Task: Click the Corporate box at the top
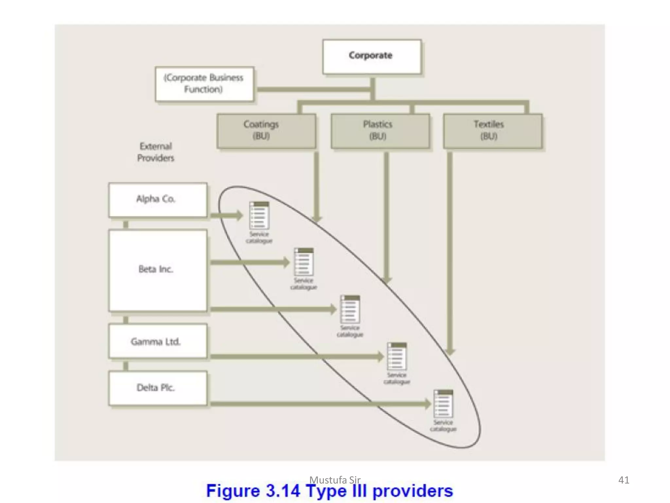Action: pos(372,56)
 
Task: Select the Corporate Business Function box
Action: pos(204,84)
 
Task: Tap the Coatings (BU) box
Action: pos(266,131)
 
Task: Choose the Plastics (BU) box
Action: pos(380,131)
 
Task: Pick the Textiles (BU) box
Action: pos(492,131)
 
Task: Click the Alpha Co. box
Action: pos(158,199)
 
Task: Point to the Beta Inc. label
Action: pos(156,269)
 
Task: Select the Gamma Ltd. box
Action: pos(158,341)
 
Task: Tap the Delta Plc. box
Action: pos(158,388)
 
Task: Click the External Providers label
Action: pos(156,152)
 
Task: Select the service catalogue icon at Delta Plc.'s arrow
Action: pos(443,403)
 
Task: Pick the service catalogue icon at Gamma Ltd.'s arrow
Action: pos(397,356)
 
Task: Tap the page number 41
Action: pos(624,480)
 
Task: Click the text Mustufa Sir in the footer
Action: pos(335,480)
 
